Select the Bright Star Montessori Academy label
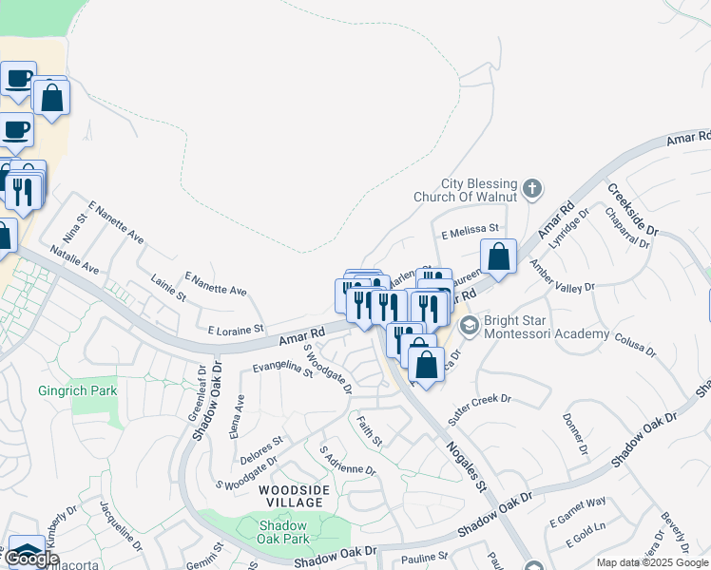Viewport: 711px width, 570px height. click(546, 327)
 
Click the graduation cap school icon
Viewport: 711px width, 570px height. click(469, 326)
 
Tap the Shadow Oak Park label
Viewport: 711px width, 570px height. click(282, 532)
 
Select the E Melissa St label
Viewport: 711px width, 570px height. click(470, 229)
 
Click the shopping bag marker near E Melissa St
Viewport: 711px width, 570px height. click(498, 255)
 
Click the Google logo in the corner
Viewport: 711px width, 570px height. click(32, 558)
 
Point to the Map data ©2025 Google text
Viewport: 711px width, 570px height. click(651, 562)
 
